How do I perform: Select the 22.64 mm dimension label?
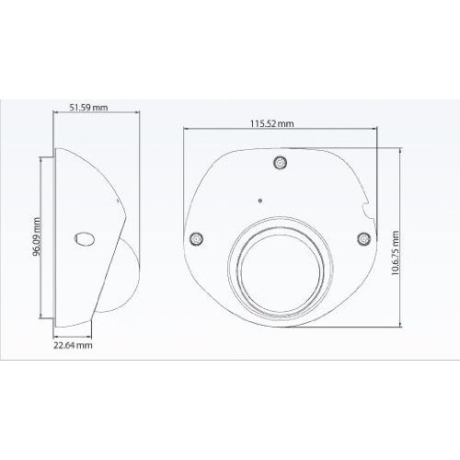click(x=72, y=346)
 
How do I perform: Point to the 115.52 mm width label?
click(x=272, y=123)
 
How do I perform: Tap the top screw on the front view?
click(x=281, y=164)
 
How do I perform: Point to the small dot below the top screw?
click(x=260, y=198)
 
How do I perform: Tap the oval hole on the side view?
click(x=83, y=238)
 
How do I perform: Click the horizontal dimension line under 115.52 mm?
click(x=276, y=132)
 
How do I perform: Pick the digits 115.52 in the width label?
click(x=265, y=123)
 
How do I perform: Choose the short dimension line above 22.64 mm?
click(x=73, y=338)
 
